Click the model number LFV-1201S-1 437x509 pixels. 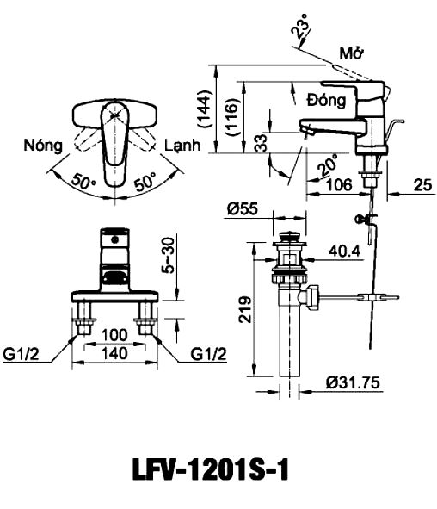pos(211,469)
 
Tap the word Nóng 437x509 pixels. pos(43,145)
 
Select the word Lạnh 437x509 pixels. pos(182,145)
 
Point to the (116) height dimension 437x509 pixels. pos(232,117)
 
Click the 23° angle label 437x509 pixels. pos(300,25)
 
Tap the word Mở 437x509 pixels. pos(351,53)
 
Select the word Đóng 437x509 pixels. pos(326,100)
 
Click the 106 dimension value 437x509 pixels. pos(339,185)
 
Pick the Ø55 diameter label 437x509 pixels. pos(243,208)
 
